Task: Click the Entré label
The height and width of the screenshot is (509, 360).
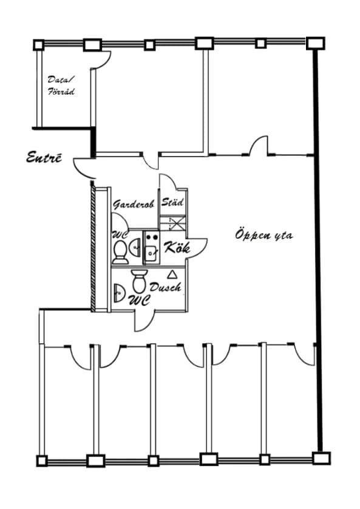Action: click(x=44, y=157)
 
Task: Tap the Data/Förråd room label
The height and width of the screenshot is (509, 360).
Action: click(x=61, y=86)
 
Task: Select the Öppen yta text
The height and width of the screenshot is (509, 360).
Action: click(x=264, y=234)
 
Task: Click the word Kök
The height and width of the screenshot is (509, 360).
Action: click(x=177, y=248)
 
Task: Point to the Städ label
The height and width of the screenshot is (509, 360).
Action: click(x=172, y=202)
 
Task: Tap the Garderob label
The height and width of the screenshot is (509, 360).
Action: click(x=134, y=204)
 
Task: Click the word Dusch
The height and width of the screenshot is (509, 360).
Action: click(x=165, y=287)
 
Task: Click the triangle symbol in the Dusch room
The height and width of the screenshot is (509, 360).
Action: click(x=171, y=275)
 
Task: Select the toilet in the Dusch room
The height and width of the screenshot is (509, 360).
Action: click(x=140, y=281)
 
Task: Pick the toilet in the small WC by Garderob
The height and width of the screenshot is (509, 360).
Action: click(x=120, y=252)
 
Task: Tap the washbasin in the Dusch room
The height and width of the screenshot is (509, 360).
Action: click(x=119, y=293)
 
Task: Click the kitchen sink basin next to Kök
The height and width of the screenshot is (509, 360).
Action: click(x=151, y=253)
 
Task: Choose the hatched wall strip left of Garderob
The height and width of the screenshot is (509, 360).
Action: click(x=93, y=248)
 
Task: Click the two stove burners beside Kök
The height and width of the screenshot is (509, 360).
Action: click(x=152, y=237)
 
